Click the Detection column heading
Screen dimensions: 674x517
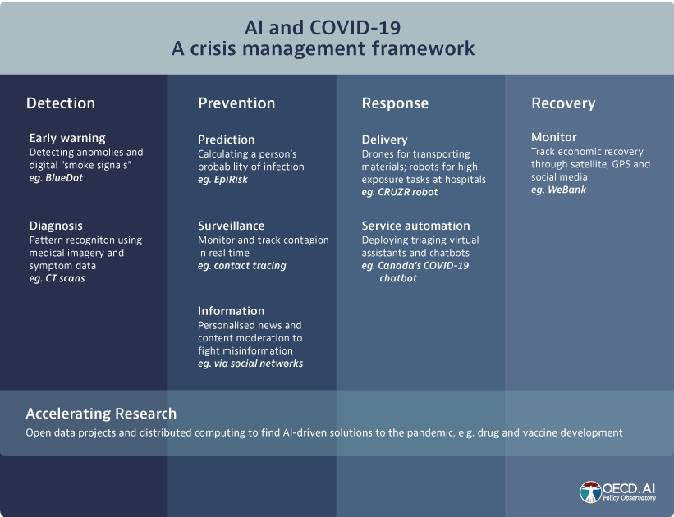61,103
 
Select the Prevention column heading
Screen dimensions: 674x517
236,103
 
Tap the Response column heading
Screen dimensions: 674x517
395,103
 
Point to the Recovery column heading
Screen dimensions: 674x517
563,103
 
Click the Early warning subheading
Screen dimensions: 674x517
67,139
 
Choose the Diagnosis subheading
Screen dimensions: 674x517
56,226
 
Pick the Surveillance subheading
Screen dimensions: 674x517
232,226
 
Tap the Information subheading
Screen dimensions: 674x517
232,311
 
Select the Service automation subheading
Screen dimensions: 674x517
415,226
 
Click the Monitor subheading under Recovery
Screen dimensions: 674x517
553,137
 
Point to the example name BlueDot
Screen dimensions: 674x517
64,178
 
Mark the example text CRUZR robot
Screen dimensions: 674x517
407,192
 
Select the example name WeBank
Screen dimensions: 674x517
566,190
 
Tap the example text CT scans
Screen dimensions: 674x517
65,278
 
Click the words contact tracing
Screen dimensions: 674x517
250,266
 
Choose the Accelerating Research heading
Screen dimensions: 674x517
101,414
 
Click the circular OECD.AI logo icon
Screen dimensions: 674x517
590,492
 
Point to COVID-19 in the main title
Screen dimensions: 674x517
355,28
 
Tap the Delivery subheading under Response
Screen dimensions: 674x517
385,140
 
